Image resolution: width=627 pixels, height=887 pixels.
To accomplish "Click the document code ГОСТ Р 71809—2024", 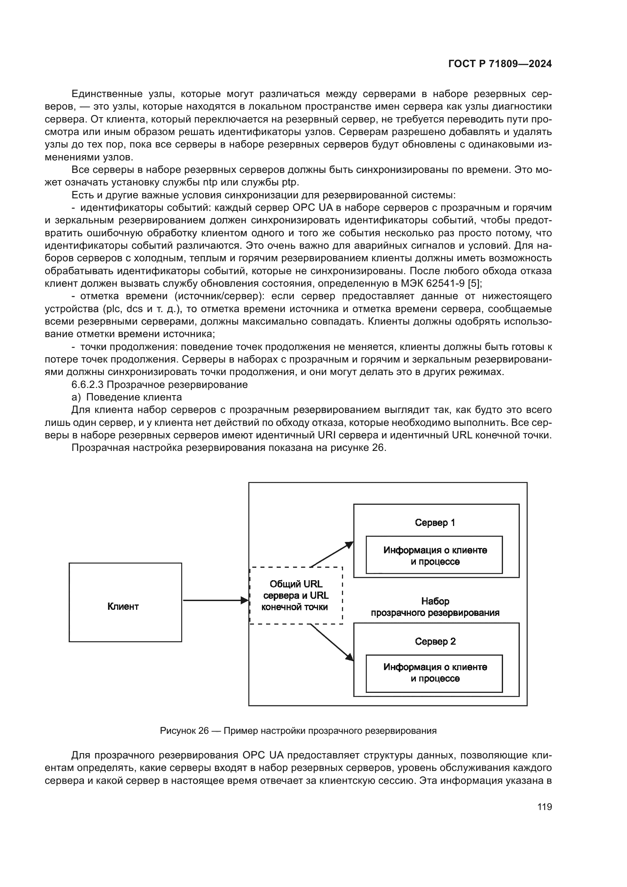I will pos(500,64).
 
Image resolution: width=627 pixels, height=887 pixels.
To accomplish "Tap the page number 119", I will pos(544,807).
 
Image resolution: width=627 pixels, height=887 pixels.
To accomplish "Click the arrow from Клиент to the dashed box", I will pos(215,600).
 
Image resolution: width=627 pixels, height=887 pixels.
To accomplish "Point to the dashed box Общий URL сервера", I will pos(296,595).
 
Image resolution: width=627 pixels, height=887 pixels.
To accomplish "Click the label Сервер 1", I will pos(435,523).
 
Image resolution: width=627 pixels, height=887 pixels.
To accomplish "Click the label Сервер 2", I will pos(435,641).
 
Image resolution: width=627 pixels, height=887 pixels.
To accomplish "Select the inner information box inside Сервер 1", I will pos(434,555).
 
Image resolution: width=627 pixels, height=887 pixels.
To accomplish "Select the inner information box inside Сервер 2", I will pos(434,673).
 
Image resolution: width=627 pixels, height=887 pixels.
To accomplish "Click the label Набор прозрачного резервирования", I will pos(435,607).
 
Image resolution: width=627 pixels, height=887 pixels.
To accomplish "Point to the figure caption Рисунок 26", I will pos(298,730).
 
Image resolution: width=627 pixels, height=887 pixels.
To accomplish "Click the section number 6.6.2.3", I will pos(88,385).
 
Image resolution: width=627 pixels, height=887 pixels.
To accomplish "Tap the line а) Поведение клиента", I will pos(127,397).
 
